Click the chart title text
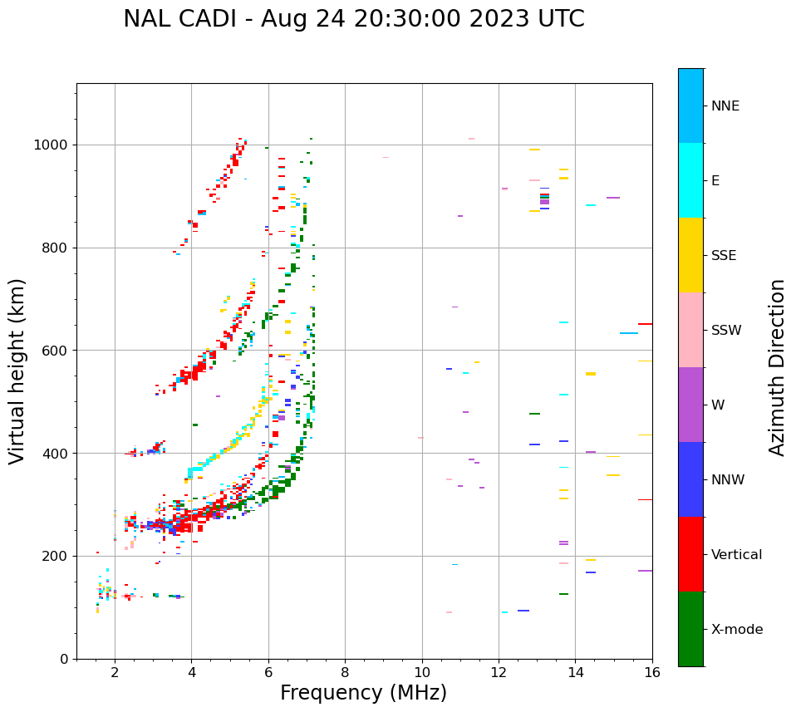click(354, 19)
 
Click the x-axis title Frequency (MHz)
click(363, 693)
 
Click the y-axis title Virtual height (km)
click(17, 371)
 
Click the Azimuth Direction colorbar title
click(777, 367)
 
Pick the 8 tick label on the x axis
click(345, 672)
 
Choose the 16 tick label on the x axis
click(652, 672)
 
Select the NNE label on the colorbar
click(725, 106)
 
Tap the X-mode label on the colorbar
click(737, 630)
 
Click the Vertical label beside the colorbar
click(736, 555)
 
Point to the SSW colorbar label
click(726, 331)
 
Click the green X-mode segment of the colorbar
click(690, 629)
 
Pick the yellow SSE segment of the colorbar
click(690, 255)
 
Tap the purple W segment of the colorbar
click(690, 405)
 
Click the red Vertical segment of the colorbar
click(690, 554)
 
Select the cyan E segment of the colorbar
click(690, 180)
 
